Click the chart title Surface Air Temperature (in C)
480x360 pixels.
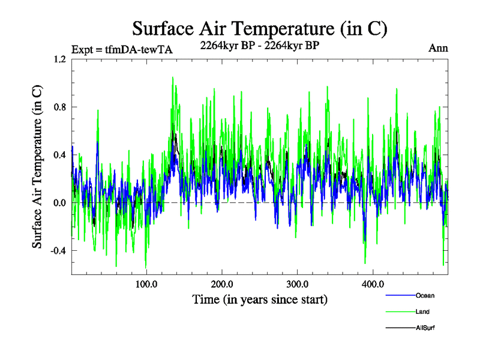[259, 28]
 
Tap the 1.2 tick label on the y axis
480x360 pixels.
[59, 59]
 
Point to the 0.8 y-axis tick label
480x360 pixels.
[59, 107]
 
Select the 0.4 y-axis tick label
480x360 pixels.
[59, 155]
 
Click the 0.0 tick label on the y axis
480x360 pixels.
[59, 203]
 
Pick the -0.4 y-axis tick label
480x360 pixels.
[57, 251]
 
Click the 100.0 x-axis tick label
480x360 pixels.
[147, 284]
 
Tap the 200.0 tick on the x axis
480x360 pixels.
[223, 284]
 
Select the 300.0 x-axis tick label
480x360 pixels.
[298, 284]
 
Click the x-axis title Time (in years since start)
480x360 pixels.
[260, 299]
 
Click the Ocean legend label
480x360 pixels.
[424, 296]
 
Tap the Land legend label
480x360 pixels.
[422, 312]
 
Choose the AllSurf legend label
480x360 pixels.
[425, 328]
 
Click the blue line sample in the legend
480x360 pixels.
[399, 296]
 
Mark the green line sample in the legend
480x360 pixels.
[399, 312]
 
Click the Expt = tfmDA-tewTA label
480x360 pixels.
[122, 50]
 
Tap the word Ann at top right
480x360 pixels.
[438, 48]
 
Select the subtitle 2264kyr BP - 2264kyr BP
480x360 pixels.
[259, 44]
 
